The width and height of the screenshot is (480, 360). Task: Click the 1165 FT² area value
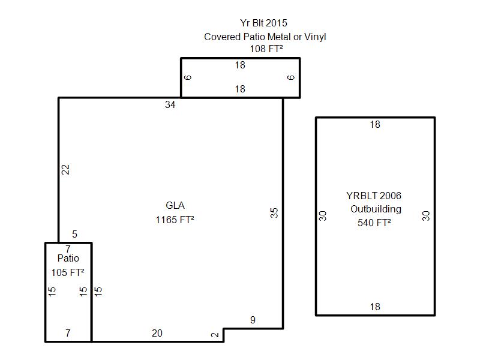(175, 220)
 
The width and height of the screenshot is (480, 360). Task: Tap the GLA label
(175, 205)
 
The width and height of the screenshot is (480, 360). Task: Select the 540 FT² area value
(374, 223)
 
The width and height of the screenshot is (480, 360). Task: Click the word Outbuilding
(376, 209)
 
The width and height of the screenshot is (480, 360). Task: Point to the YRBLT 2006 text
(373, 196)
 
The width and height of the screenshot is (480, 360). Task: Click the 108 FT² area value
(266, 49)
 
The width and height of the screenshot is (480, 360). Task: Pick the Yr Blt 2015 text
(263, 23)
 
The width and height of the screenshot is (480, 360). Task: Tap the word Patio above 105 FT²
(68, 258)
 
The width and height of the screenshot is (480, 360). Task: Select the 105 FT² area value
(68, 272)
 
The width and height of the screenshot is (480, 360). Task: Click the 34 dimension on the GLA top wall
(170, 104)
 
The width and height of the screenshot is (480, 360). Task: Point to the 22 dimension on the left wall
(65, 170)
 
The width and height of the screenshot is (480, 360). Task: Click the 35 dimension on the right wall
(274, 213)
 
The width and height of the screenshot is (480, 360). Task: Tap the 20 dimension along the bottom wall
(157, 333)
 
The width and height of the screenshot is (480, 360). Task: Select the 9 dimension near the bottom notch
(253, 320)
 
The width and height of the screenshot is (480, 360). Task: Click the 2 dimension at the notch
(215, 335)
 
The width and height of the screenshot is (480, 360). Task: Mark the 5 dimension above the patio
(74, 234)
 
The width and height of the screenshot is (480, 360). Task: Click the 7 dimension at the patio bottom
(68, 333)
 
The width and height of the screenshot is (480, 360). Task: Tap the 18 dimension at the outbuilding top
(375, 125)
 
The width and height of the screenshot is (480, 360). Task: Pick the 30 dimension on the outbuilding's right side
(426, 216)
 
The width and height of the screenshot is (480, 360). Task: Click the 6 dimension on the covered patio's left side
(188, 77)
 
